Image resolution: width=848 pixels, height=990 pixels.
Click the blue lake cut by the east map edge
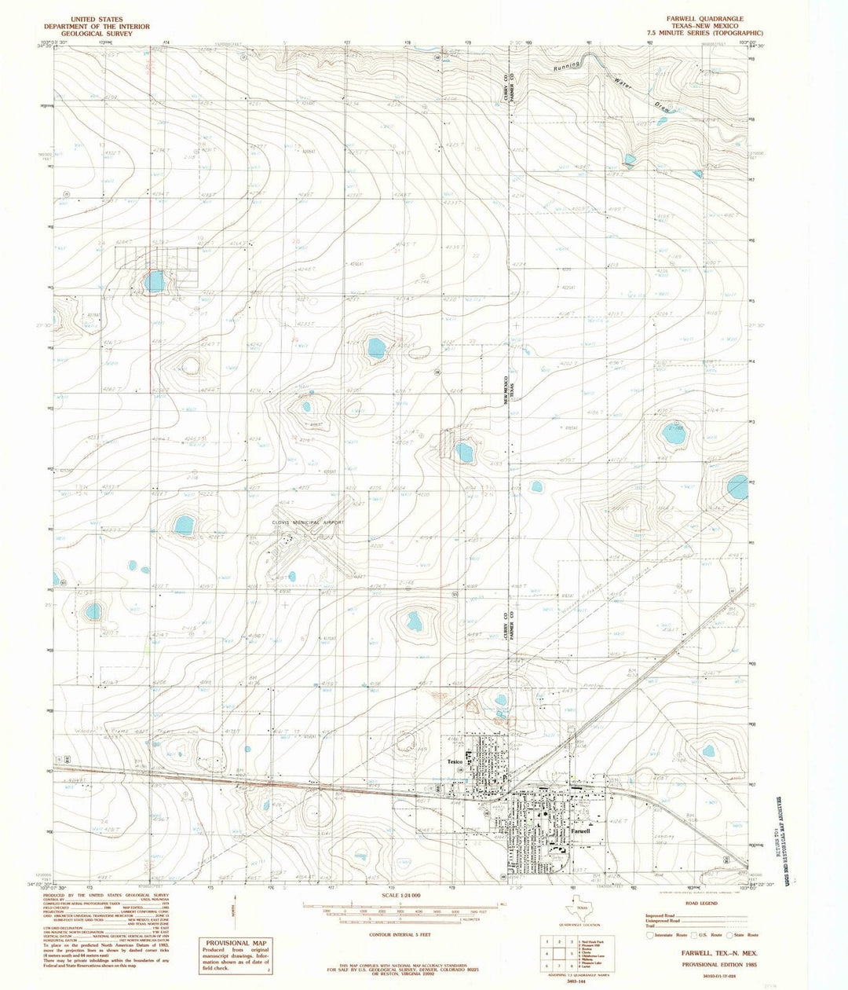coord(738,487)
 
